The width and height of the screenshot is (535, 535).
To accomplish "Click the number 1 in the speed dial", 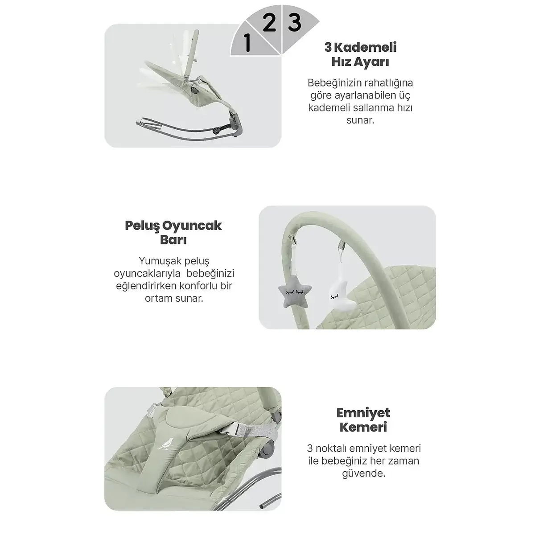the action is (247, 43).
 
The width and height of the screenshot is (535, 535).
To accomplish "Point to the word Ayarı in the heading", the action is (374, 62).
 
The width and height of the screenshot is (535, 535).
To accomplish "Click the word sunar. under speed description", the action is (360, 120).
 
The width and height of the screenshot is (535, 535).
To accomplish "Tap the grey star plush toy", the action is (295, 294).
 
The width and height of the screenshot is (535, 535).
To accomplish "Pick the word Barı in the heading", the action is (173, 240).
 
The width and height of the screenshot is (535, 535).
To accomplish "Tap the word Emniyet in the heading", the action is (363, 413).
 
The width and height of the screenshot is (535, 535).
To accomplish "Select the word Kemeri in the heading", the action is (363, 428).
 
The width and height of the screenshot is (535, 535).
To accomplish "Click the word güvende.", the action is (363, 473).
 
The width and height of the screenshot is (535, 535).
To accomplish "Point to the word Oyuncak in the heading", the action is (192, 226).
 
